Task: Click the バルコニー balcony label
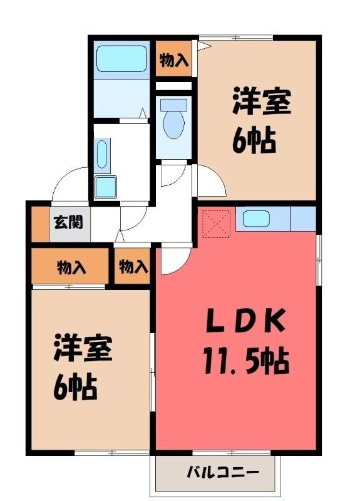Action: click(222, 472)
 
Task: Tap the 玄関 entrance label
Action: click(68, 222)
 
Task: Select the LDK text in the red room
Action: click(245, 320)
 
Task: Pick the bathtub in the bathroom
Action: click(121, 59)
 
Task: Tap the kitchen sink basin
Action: click(256, 219)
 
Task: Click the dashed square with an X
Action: click(217, 224)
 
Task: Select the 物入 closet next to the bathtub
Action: click(174, 58)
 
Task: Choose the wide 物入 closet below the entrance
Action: click(70, 266)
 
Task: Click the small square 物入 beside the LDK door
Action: click(132, 266)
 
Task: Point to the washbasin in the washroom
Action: click(102, 153)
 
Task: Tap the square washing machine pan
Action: click(106, 187)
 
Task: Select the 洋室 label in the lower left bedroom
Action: click(83, 348)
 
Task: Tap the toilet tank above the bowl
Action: click(174, 105)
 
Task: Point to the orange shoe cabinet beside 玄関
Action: click(40, 224)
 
